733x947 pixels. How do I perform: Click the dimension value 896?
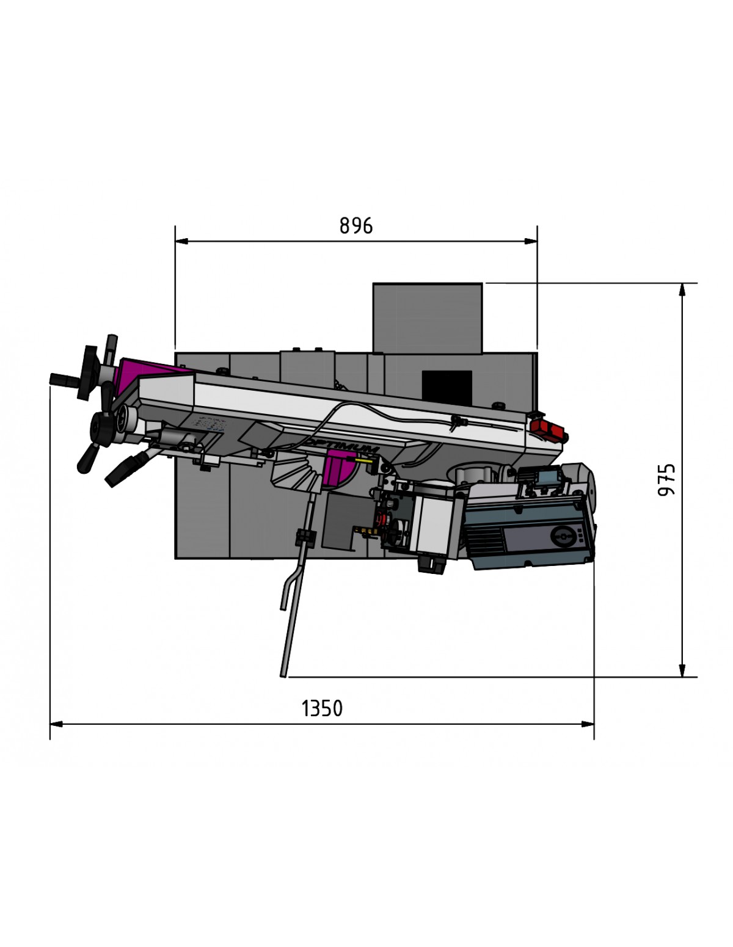[356, 226]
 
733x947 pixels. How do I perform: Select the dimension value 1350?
[322, 708]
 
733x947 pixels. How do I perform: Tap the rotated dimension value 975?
[666, 480]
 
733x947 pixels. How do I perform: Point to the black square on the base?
[447, 388]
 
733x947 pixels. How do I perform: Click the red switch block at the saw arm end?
[547, 430]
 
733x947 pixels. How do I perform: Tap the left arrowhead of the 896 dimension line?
[181, 241]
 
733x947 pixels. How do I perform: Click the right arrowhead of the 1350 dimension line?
[588, 724]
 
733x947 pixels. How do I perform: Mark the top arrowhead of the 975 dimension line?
[682, 289]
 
